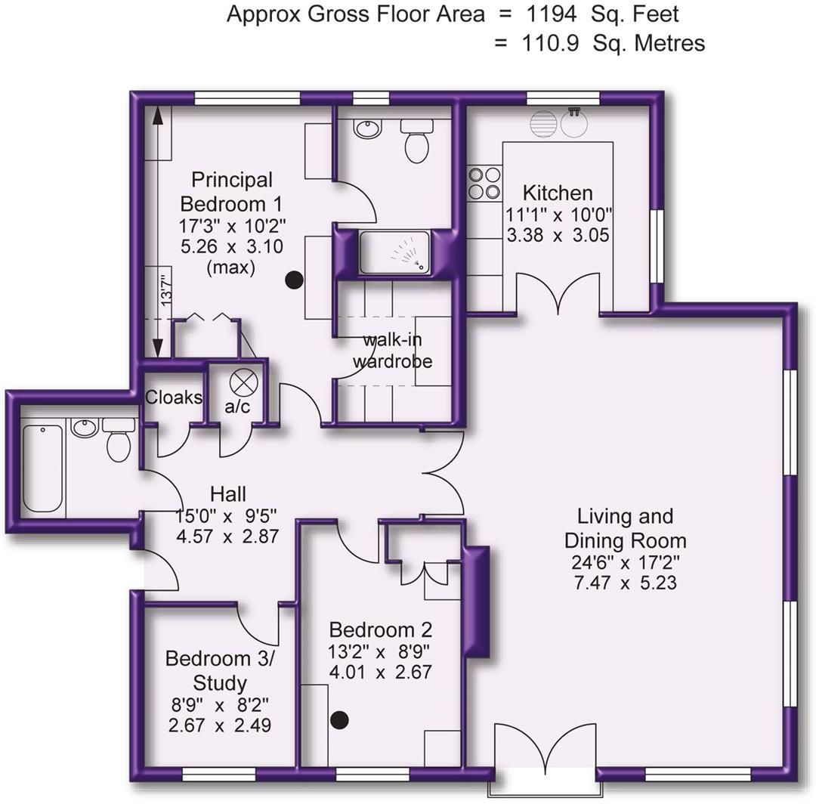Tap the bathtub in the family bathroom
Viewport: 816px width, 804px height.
[42, 468]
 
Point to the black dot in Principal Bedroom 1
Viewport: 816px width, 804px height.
[294, 280]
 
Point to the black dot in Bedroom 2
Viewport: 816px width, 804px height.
[340, 720]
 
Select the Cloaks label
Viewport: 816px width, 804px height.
[173, 397]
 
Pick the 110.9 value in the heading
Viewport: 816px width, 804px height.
[550, 43]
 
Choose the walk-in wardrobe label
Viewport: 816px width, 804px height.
[392, 351]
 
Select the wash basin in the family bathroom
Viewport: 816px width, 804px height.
[85, 427]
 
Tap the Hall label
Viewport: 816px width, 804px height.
[228, 495]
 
